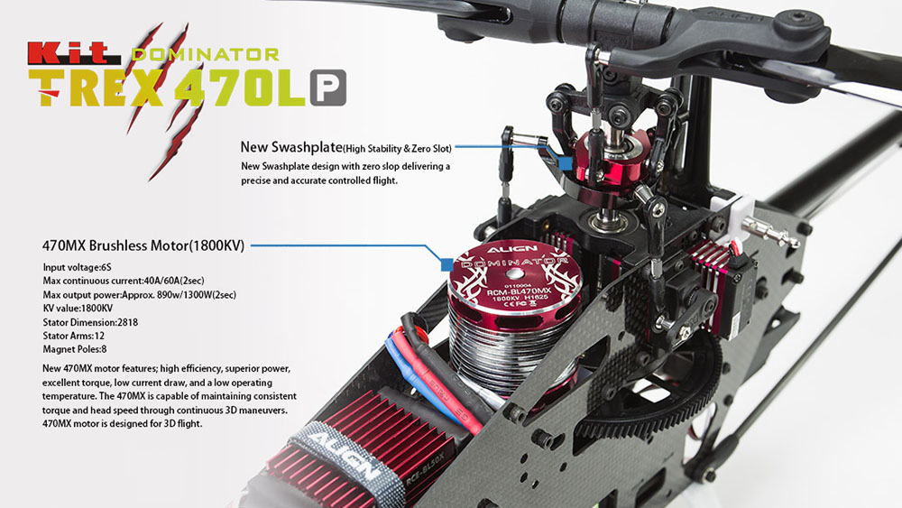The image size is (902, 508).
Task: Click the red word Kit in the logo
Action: (74, 53)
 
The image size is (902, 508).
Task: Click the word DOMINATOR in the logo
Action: (206, 55)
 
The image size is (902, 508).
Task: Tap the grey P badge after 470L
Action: (328, 88)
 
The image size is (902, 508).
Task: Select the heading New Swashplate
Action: (291, 147)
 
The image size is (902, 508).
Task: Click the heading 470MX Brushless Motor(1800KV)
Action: (143, 245)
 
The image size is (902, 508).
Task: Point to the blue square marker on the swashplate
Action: (566, 163)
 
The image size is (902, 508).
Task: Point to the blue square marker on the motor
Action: (447, 264)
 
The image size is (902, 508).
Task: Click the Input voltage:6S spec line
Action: (77, 267)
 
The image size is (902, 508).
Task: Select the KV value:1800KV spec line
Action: (78, 309)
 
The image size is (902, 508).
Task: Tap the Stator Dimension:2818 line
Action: (90, 322)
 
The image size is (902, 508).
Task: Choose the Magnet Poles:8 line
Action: (75, 349)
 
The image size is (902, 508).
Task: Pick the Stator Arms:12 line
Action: (74, 336)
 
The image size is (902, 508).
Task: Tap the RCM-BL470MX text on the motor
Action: (519, 291)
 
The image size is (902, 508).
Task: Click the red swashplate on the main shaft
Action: (613, 167)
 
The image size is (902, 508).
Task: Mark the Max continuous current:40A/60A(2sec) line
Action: (123, 281)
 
